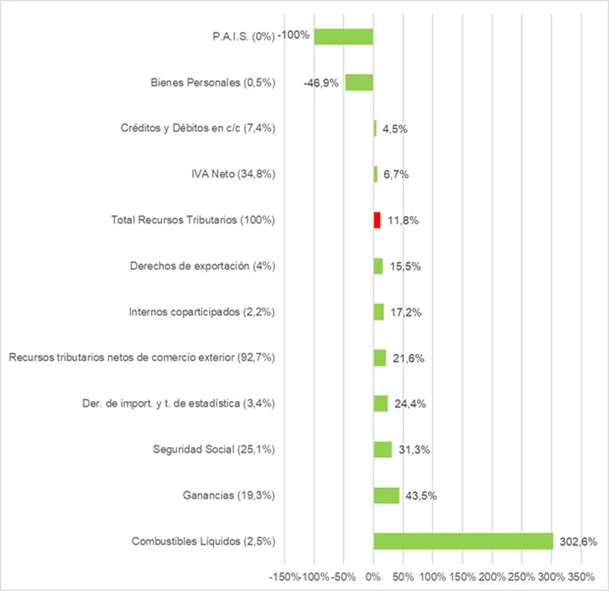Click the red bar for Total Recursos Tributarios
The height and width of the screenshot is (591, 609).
click(377, 220)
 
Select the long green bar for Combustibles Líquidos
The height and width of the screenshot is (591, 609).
click(463, 541)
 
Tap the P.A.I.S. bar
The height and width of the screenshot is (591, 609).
click(344, 36)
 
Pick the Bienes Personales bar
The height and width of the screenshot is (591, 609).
click(359, 83)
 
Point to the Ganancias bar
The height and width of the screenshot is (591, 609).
click(386, 495)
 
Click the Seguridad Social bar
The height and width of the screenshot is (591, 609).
click(382, 449)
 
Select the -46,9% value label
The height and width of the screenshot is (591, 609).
click(321, 83)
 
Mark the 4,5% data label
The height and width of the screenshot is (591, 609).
click(395, 129)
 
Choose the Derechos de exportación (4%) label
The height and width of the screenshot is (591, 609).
click(203, 266)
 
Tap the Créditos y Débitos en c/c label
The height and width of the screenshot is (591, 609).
click(198, 128)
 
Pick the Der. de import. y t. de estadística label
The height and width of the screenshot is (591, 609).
click(178, 404)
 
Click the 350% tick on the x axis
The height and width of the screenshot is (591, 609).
click(581, 576)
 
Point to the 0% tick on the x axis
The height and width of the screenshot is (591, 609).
click(373, 576)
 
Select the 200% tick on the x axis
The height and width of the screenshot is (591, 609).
click(492, 576)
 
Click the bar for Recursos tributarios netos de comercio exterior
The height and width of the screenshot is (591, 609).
click(379, 358)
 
